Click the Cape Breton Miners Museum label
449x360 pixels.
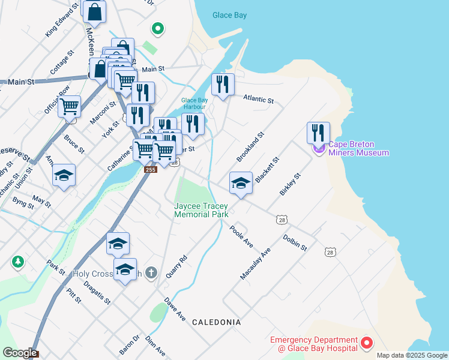(359, 148)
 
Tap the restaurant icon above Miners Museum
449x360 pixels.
(318, 133)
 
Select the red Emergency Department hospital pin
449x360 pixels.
(366, 344)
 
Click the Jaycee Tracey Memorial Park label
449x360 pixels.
(201, 209)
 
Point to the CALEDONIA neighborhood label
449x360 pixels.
(216, 322)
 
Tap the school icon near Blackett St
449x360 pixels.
(241, 182)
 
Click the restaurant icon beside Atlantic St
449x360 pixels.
(222, 84)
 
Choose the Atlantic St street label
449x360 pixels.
(258, 98)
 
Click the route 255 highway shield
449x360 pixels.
(150, 170)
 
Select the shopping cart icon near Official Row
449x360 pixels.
(70, 107)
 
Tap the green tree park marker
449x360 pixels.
(18, 262)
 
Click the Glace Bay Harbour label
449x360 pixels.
(194, 103)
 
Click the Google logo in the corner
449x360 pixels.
(19, 353)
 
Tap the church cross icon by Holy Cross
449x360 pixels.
(151, 273)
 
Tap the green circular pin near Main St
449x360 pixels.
(158, 28)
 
